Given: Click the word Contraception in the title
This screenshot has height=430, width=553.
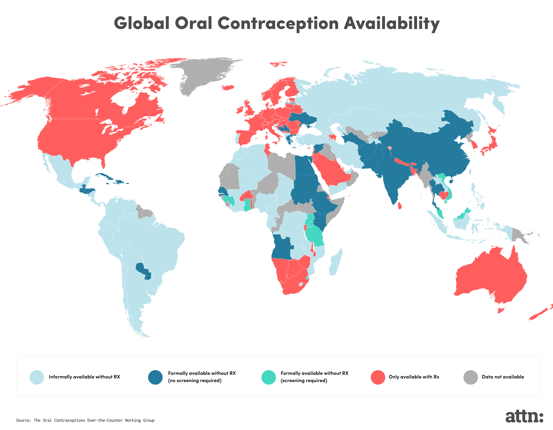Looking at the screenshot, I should click(x=278, y=23).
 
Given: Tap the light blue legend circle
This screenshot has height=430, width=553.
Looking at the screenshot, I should click(x=37, y=377).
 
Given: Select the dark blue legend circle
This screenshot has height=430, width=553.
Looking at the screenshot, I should click(x=155, y=377).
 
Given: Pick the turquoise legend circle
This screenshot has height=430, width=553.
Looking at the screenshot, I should click(x=268, y=377).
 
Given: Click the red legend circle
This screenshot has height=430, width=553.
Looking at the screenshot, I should click(x=378, y=377).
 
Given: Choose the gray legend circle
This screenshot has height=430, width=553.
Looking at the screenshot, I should click(x=470, y=377).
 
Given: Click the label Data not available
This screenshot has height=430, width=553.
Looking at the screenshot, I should click(x=503, y=377).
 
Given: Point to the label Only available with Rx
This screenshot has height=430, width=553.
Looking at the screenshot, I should click(x=414, y=377).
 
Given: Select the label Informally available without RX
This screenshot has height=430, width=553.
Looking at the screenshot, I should click(x=84, y=377).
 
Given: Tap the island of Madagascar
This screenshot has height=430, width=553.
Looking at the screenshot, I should click(x=336, y=263).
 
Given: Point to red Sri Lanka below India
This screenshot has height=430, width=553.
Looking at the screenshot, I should click(x=400, y=205).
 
